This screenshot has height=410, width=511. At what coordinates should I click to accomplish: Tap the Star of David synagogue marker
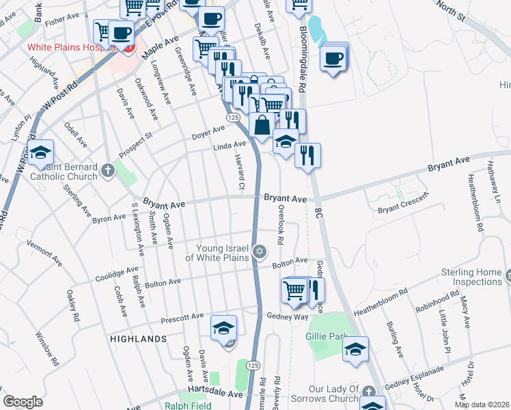(259, 253)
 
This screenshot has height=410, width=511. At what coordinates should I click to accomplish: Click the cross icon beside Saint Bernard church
(107, 169)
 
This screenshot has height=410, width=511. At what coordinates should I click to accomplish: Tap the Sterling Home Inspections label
(472, 277)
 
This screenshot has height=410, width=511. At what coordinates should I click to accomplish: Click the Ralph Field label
(184, 405)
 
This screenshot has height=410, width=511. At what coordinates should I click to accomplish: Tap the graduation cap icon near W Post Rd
(41, 152)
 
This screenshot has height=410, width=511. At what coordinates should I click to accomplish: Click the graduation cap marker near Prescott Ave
(223, 328)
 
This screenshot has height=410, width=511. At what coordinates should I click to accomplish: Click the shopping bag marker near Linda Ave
(262, 125)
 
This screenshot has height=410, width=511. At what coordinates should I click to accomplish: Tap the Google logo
(23, 402)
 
